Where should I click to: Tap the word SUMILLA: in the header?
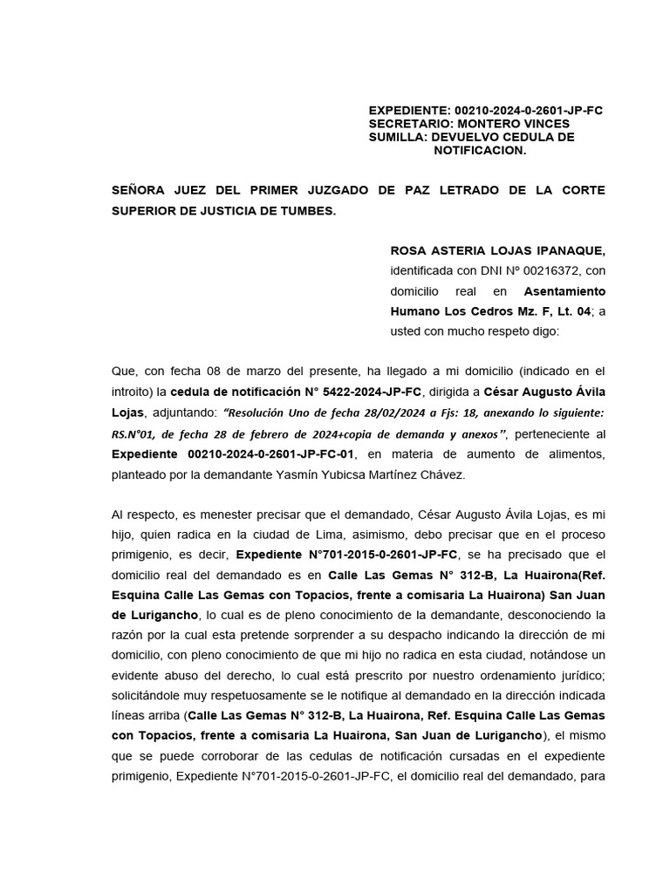397,137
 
